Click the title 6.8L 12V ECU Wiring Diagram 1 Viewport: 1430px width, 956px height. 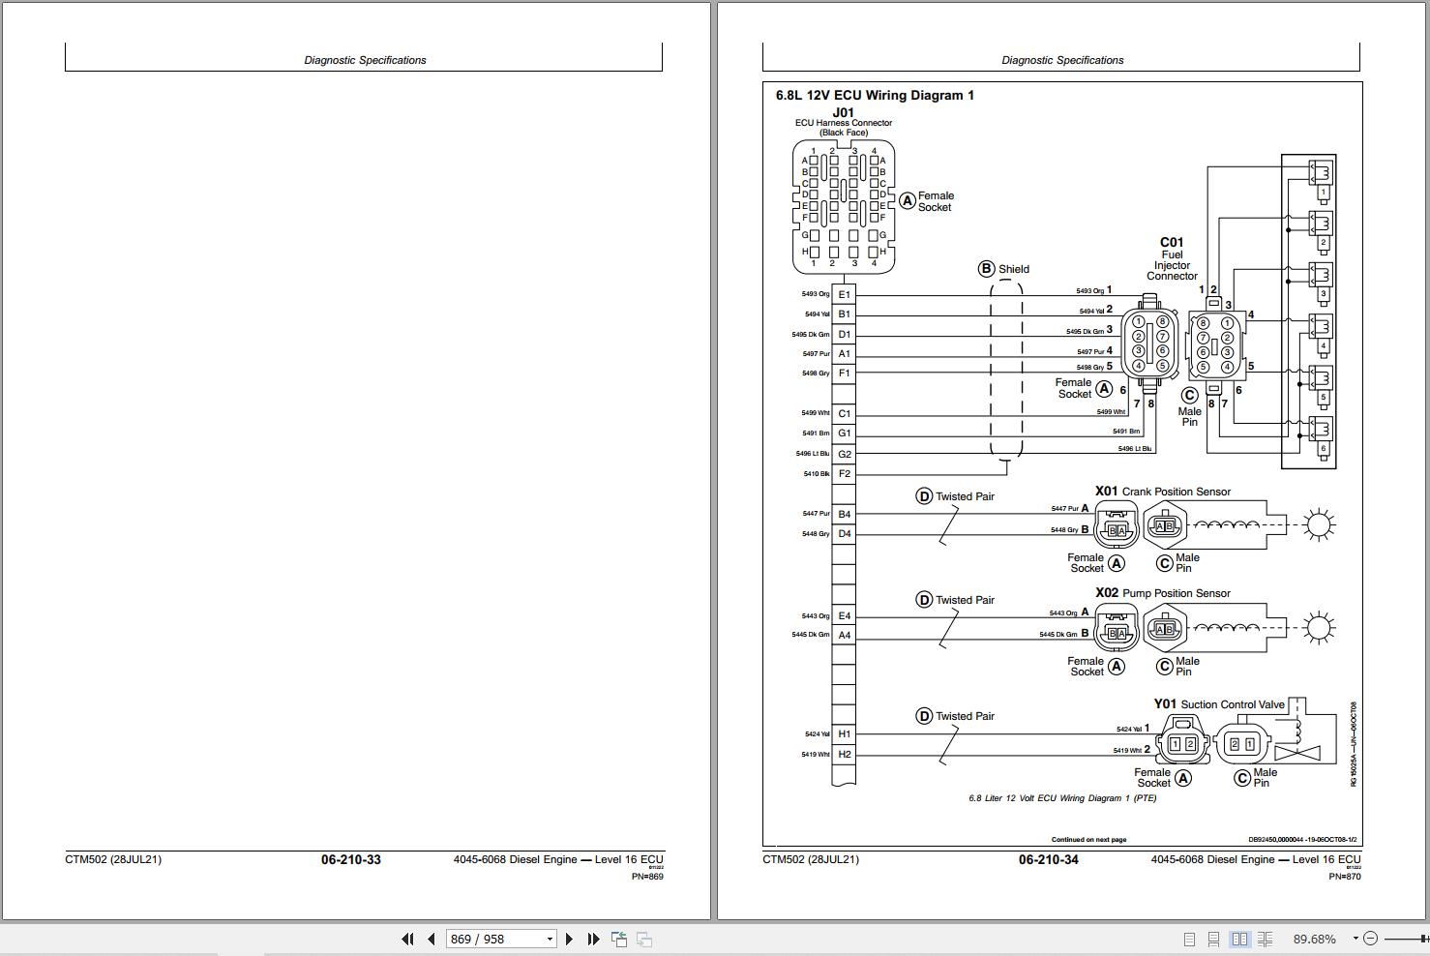click(875, 95)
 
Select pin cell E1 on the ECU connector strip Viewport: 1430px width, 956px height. click(844, 294)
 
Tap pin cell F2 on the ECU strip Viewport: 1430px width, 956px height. click(844, 474)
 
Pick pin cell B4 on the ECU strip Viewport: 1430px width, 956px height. click(844, 514)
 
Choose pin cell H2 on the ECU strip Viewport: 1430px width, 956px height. click(844, 755)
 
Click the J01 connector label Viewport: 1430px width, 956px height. click(844, 112)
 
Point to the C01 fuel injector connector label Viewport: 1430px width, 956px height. click(1172, 243)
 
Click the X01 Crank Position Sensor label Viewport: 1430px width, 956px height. click(1162, 492)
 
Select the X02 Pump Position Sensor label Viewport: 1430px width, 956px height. click(1162, 593)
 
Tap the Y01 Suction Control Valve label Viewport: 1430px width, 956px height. click(1219, 704)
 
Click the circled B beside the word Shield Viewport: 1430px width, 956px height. click(986, 269)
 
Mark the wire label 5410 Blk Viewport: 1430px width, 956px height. click(816, 474)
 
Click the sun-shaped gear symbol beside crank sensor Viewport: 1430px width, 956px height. click(1318, 525)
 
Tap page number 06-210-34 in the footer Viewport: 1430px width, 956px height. click(1048, 860)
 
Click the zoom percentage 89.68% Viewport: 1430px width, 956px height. click(1314, 939)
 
